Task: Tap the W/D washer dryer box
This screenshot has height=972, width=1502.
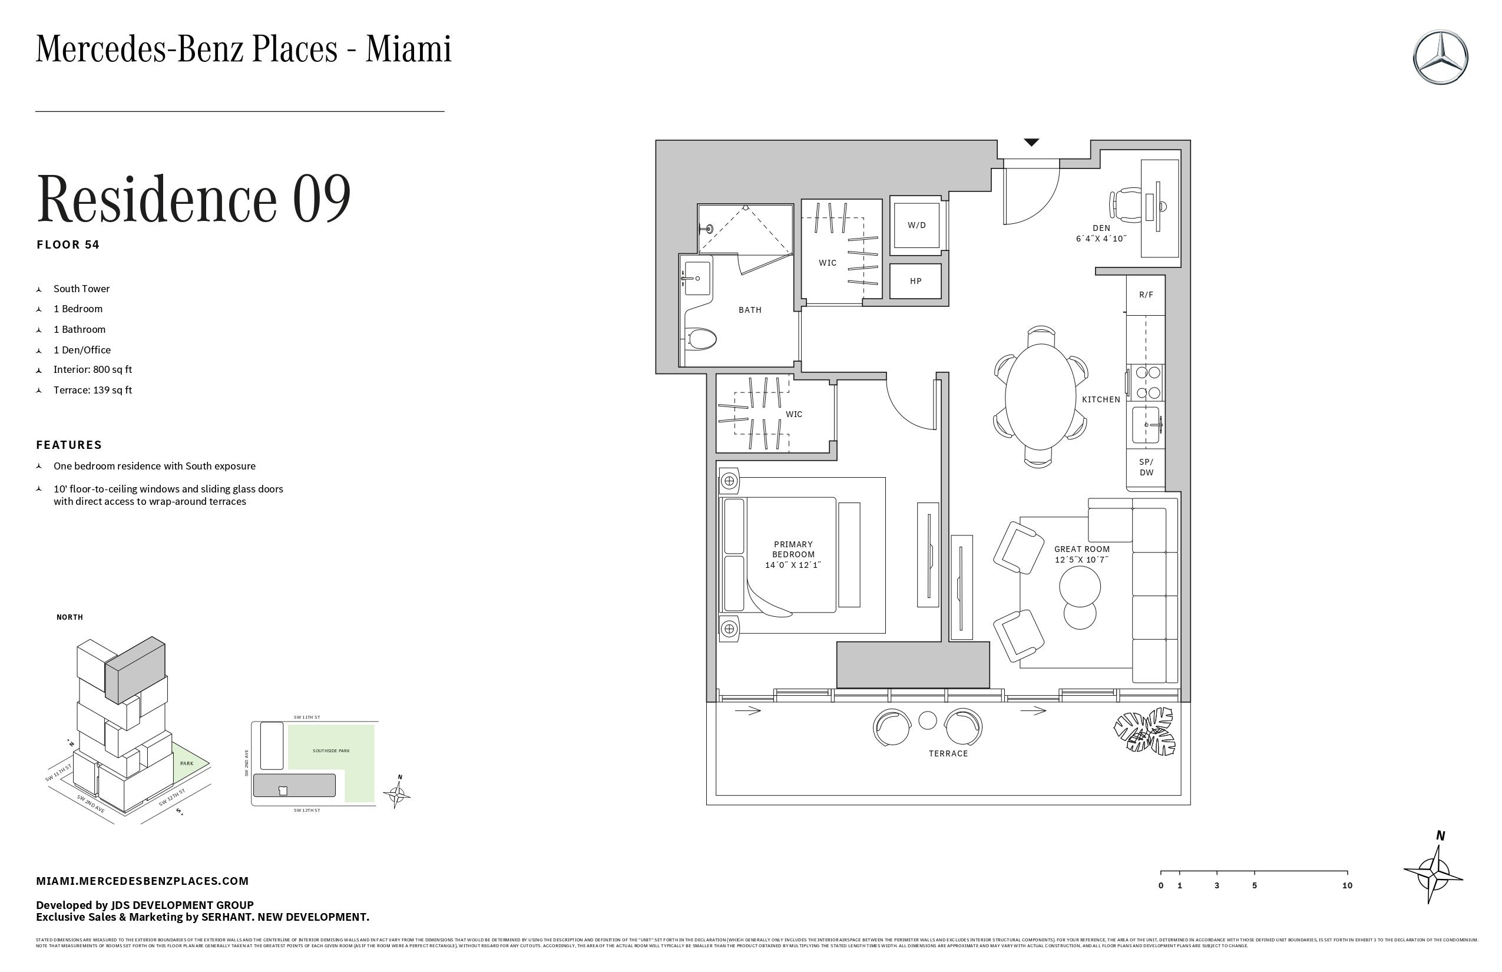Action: [917, 225]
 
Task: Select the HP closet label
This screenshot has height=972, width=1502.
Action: [915, 281]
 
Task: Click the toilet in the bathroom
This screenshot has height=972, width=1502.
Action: [701, 339]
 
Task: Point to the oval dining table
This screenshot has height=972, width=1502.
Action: [1040, 396]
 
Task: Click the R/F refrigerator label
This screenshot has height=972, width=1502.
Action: [1146, 295]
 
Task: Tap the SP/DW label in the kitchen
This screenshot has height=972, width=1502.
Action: [1146, 467]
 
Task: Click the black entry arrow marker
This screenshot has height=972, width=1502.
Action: [1031, 143]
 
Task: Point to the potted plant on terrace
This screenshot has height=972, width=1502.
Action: [1144, 731]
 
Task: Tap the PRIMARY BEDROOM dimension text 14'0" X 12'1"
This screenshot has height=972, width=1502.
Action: [793, 565]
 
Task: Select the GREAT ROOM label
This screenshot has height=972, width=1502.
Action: [1081, 549]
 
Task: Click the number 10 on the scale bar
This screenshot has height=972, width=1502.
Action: [1346, 885]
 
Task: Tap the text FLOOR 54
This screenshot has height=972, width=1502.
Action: [68, 245]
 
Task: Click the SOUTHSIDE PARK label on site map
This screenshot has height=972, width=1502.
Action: [330, 751]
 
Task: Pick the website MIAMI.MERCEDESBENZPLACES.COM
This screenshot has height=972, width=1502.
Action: [142, 881]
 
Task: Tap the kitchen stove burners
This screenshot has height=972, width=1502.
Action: [1148, 382]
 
